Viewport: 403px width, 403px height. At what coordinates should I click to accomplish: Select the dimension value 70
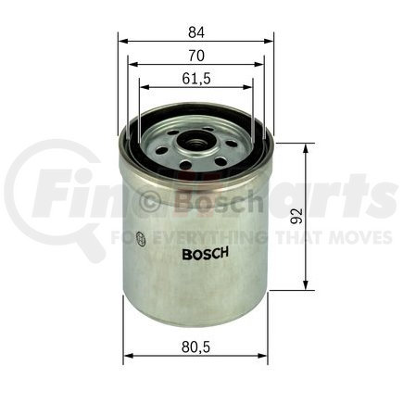pos(195,55)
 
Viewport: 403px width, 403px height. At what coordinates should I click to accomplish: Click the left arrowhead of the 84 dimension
pos(121,42)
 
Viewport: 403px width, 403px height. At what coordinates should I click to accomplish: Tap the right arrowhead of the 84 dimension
pos(270,42)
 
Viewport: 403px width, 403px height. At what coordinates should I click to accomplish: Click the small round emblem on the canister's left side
pos(139,238)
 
